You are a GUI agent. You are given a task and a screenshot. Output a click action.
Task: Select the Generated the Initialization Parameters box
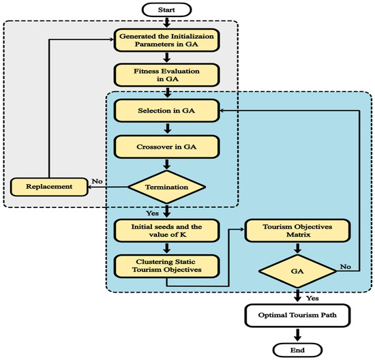tap(168, 41)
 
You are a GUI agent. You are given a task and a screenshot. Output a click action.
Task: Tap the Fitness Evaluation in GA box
tap(168, 75)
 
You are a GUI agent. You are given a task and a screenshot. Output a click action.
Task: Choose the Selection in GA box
tap(168, 110)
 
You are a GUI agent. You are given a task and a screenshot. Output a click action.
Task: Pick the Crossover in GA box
tap(168, 147)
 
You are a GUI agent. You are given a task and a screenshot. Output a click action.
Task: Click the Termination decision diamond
tap(168, 185)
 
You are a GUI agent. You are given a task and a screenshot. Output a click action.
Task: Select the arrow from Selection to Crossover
tap(168, 128)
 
